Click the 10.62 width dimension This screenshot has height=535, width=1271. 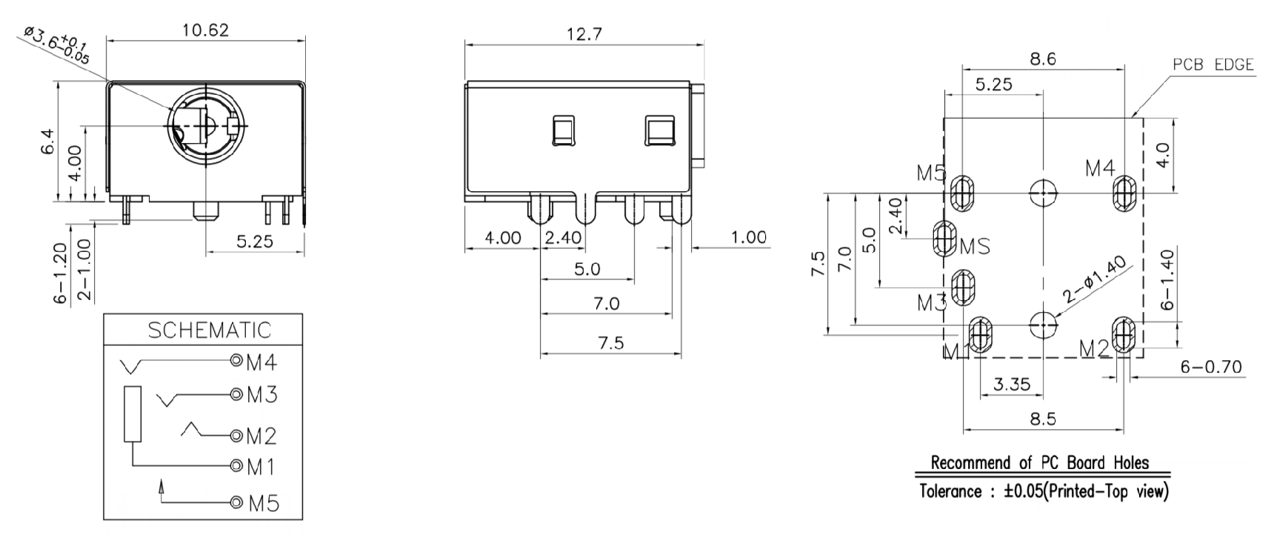click(x=205, y=30)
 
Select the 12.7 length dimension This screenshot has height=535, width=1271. click(x=584, y=34)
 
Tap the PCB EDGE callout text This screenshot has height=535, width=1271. click(x=1213, y=65)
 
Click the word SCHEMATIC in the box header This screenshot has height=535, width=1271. click(x=210, y=330)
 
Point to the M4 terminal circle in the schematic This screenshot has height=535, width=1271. click(x=236, y=361)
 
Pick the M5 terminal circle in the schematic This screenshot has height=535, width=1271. click(x=236, y=503)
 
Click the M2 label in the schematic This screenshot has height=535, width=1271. click(x=261, y=436)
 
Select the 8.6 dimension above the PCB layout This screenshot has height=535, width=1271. click(x=1043, y=59)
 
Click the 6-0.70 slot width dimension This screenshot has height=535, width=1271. click(x=1212, y=367)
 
